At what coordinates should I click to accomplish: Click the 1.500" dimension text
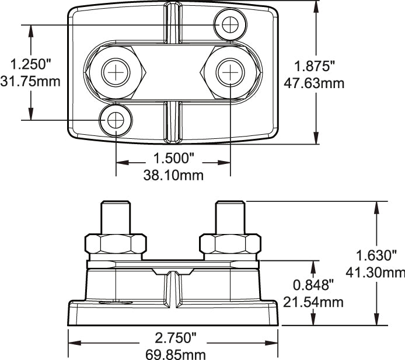(x=173, y=158)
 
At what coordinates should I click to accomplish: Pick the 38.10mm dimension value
(x=173, y=174)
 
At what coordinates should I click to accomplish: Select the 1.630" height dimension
(x=379, y=255)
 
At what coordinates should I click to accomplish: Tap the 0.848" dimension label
(x=313, y=285)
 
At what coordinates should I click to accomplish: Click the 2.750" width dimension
(x=173, y=338)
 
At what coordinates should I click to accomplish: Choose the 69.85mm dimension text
(x=173, y=354)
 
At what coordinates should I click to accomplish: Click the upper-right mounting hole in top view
(x=230, y=25)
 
